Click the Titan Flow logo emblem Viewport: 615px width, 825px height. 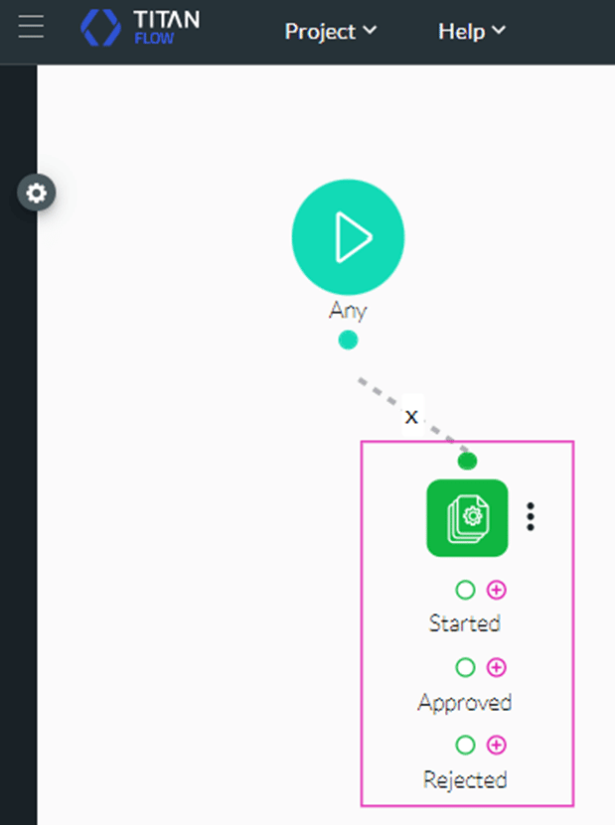point(100,28)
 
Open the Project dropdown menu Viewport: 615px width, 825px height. point(331,31)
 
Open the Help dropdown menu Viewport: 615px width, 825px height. point(472,31)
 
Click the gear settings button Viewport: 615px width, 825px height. point(37,193)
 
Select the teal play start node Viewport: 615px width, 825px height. point(348,236)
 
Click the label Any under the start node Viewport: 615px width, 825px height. point(348,311)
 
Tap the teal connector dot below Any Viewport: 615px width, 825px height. point(348,341)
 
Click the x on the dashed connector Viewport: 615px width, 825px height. point(411,416)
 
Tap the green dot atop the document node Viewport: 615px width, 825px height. point(467,461)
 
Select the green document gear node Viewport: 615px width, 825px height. point(467,517)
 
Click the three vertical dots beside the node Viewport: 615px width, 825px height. point(532,516)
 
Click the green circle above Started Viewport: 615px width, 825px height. point(465,590)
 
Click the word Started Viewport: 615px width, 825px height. point(465,623)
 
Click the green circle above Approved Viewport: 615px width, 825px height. point(465,667)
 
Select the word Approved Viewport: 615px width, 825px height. point(465,703)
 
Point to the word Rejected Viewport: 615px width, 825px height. point(465,780)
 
